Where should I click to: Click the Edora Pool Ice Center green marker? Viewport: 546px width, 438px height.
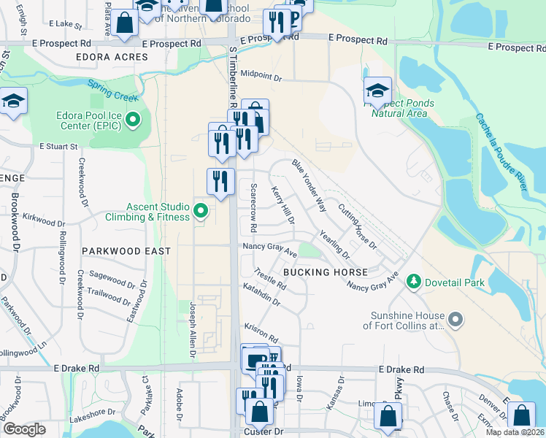(x=133, y=119)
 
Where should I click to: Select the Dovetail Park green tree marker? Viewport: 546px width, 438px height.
(x=414, y=281)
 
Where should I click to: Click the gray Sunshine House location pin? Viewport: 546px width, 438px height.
(x=455, y=320)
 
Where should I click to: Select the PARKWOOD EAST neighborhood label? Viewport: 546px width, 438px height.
(x=126, y=251)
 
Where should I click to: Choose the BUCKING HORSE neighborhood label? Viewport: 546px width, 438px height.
(x=325, y=272)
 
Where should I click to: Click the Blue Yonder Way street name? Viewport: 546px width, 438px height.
(x=309, y=185)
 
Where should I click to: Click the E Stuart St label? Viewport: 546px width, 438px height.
(x=59, y=147)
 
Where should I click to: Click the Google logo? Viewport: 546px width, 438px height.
(x=24, y=429)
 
